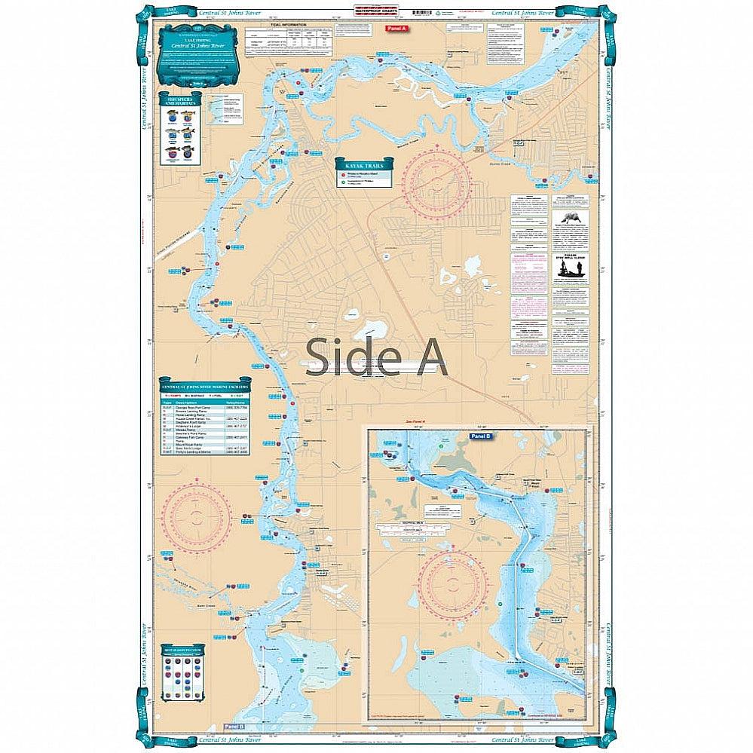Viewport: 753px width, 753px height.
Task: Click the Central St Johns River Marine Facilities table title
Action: click(x=203, y=387)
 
